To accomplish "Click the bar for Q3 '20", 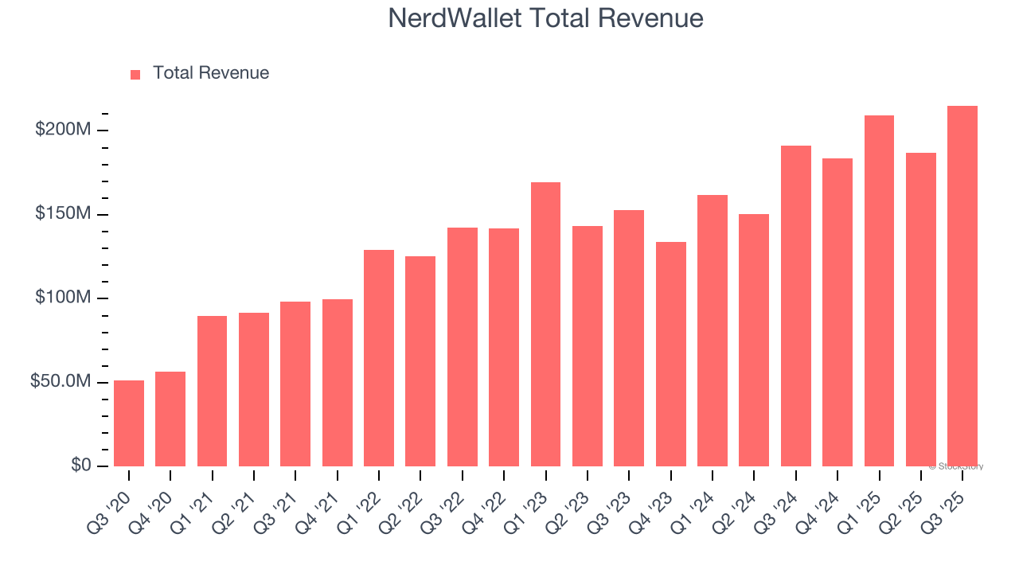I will coord(129,423).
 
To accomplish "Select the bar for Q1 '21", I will coord(212,391).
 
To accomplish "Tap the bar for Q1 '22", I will coord(379,358).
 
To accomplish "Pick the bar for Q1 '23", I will coord(545,324).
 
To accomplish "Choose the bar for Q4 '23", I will coord(670,354).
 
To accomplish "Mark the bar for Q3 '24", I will coord(795,306).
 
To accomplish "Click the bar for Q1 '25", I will coord(879,290).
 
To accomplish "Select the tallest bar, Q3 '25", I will coord(962,286).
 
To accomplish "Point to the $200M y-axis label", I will coord(63,130).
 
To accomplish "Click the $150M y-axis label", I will coord(63,214).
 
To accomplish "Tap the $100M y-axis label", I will coord(63,298).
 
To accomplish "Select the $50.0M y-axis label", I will coord(61,382).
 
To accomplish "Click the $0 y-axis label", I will coord(80,466).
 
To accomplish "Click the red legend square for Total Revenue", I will coord(135,75).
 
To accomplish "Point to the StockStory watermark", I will coord(956,466).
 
